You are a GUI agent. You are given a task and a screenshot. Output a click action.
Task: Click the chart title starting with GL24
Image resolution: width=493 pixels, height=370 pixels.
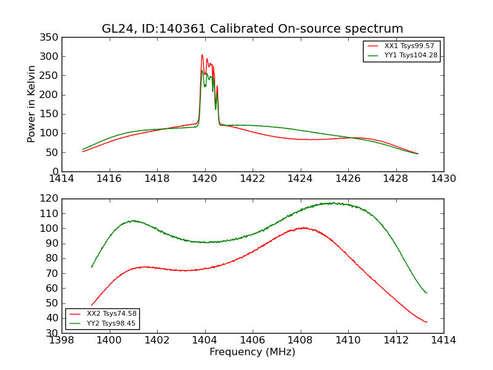click(x=253, y=29)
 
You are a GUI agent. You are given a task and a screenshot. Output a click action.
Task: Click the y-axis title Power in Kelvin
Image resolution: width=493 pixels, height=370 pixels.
click(x=31, y=104)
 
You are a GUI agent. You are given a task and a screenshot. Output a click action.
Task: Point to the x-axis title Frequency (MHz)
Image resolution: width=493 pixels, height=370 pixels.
click(x=253, y=352)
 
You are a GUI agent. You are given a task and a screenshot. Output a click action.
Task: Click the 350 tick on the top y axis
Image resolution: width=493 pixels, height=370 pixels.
click(x=51, y=38)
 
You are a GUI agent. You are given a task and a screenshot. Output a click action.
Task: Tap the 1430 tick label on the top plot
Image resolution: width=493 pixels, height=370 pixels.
click(x=443, y=179)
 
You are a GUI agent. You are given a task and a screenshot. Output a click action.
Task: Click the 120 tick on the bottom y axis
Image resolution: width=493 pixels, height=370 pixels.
click(x=51, y=199)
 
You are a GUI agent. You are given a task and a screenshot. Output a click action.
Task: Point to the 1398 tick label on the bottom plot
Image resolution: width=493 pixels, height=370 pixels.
click(x=62, y=340)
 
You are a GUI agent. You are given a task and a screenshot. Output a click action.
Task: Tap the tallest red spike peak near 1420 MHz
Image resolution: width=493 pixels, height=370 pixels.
click(x=202, y=55)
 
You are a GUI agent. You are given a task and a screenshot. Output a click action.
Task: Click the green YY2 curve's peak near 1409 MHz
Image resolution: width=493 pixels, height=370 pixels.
click(x=333, y=202)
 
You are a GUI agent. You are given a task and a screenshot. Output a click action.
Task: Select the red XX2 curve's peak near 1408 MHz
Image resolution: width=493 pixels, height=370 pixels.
click(x=304, y=228)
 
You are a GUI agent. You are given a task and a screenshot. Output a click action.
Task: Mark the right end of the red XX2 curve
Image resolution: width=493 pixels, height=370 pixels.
click(x=426, y=322)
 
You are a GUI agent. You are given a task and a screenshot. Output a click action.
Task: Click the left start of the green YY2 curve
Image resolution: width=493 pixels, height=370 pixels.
click(x=92, y=267)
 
